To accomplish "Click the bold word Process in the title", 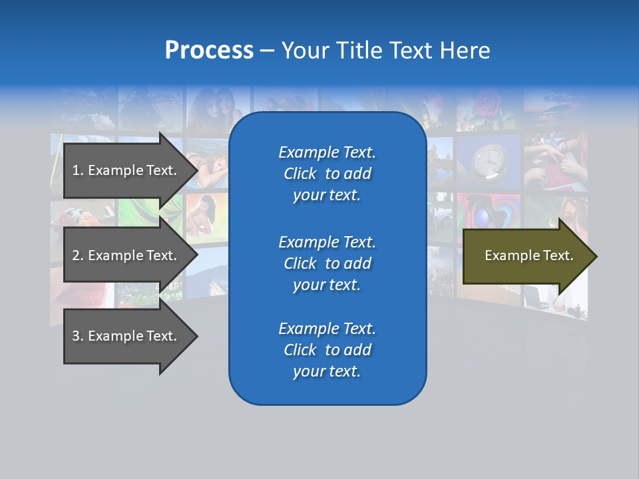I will (x=209, y=51).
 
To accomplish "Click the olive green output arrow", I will (x=526, y=256).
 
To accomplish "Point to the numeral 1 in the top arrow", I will (x=76, y=170).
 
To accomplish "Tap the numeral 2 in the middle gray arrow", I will (x=76, y=255).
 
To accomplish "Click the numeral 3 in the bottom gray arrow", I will (x=76, y=336).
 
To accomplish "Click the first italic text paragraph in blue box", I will (x=327, y=174).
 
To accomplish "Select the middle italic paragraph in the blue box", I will (x=327, y=263).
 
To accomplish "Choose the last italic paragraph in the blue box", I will (x=327, y=350).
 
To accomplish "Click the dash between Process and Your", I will (x=267, y=51).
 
